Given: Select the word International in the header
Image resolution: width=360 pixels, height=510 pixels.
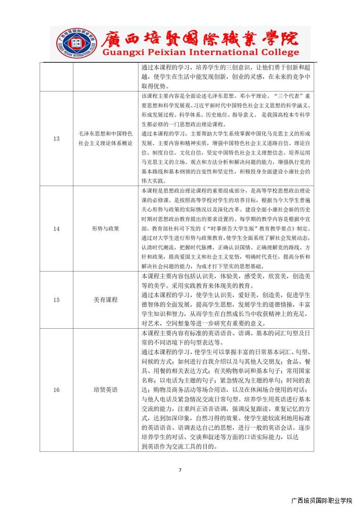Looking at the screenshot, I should (231, 52).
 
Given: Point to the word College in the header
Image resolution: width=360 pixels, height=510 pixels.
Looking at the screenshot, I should (281, 52).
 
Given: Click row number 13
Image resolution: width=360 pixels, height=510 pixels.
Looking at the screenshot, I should (57, 138).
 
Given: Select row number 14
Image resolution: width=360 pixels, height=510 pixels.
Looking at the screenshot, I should (57, 229).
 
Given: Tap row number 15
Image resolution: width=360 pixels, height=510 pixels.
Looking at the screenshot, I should (57, 300).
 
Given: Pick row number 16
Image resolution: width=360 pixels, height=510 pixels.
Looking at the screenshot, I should (57, 390).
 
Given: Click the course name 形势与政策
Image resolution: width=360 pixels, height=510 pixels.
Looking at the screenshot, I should (106, 229).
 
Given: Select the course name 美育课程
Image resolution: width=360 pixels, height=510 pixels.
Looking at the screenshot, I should (106, 300).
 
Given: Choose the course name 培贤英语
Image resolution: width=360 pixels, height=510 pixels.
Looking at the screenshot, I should (106, 390).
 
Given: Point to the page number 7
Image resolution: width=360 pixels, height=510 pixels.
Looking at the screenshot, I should (180, 470).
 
